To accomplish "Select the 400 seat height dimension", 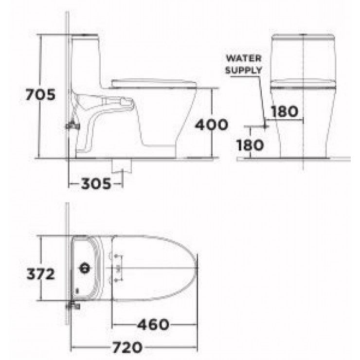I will coord(211,125).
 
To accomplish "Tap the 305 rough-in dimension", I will coord(95,183).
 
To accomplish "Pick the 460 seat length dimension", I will coord(152,324).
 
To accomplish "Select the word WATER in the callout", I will coord(243,58).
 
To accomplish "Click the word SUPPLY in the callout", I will coord(243,69).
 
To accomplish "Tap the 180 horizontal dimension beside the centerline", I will coord(284,111).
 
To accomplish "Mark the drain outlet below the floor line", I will coord(122,165).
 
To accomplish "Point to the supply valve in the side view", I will coord(72,126).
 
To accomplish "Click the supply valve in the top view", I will coord(72,306).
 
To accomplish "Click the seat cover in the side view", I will coord(153,82).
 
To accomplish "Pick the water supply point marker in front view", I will coord(265,126).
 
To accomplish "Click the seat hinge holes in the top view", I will coord(117,268).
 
